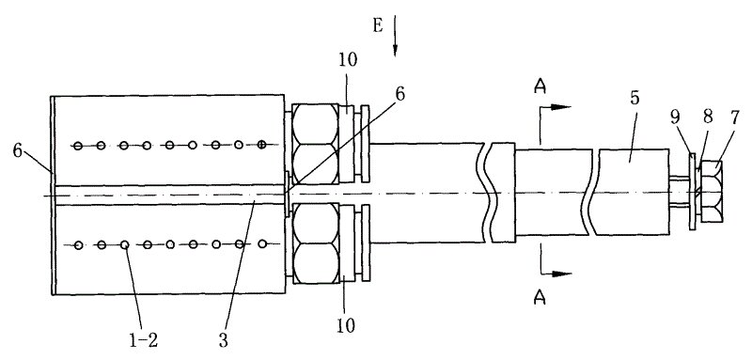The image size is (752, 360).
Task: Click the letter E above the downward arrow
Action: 378,25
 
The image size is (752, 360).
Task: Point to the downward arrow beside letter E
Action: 395,36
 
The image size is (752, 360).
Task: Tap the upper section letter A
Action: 540,86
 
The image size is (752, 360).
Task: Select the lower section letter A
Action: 540,299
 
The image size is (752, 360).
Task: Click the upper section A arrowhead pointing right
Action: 560,107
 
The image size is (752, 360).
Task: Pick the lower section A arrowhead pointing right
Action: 561,274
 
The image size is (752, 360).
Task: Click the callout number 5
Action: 634,98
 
